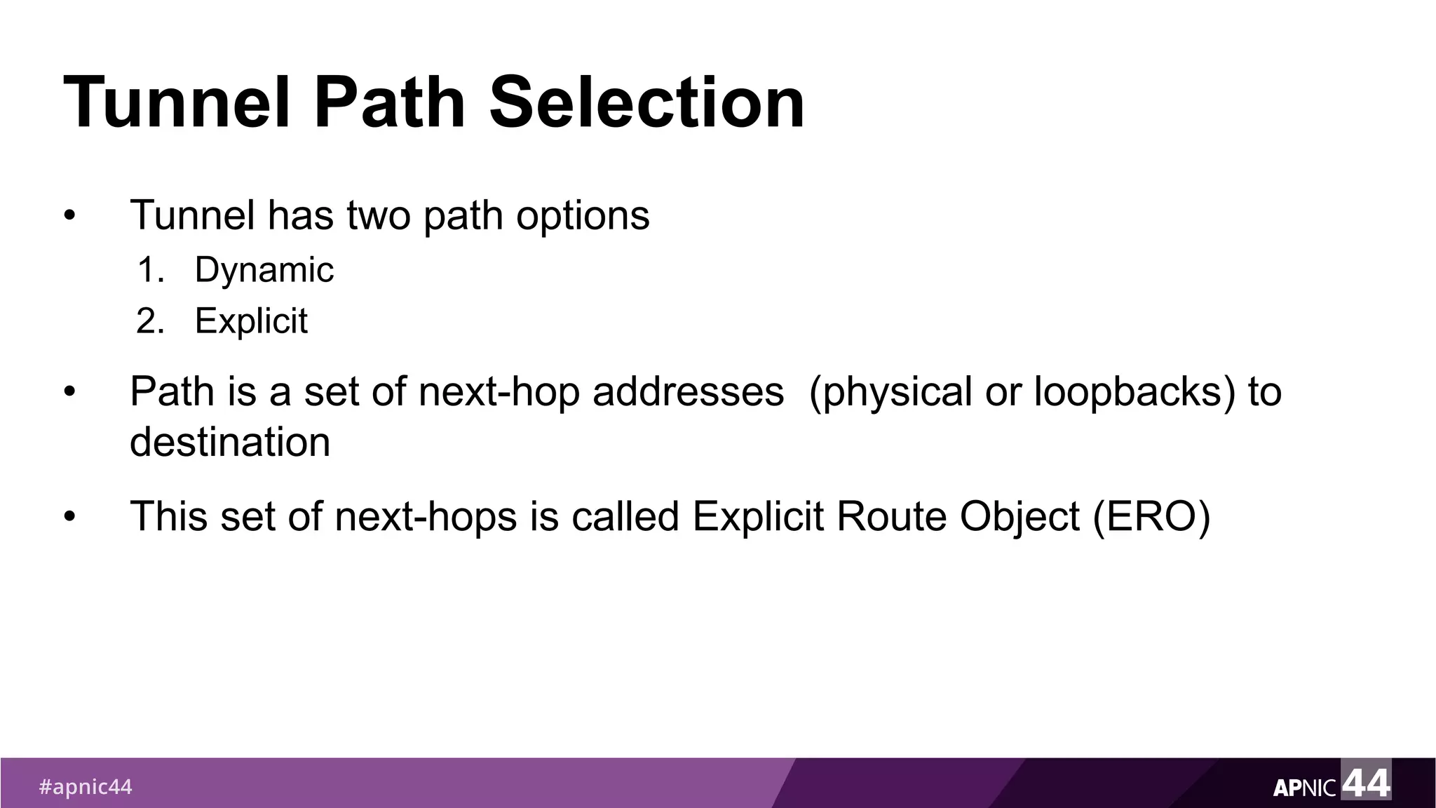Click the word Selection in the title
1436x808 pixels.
coord(646,103)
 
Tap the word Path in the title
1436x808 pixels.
coord(390,103)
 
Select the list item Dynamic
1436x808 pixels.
coord(264,270)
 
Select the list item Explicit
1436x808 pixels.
coord(251,321)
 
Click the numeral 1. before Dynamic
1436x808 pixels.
coord(151,270)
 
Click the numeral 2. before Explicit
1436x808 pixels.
coord(151,321)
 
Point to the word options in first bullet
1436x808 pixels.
coord(583,215)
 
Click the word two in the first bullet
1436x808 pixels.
coord(378,215)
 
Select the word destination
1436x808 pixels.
coord(230,443)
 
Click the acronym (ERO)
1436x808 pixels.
coord(1151,517)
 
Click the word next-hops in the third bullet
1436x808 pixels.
coord(426,517)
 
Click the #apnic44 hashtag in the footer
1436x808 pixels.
coord(85,787)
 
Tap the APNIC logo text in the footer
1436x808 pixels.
coord(1304,788)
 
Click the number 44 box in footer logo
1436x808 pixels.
coord(1366,781)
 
